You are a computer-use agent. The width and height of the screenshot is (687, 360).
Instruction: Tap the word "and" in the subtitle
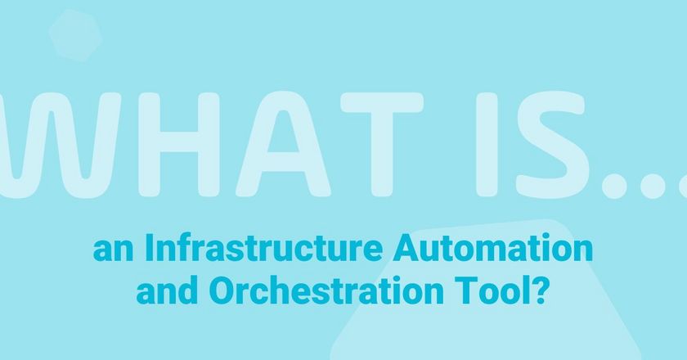click(160, 290)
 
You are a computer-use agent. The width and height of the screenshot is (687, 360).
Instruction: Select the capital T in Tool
click(465, 290)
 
